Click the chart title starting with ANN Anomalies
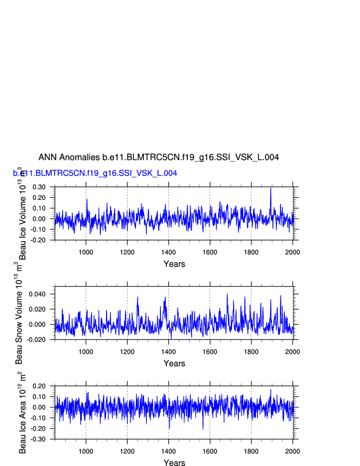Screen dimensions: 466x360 158,157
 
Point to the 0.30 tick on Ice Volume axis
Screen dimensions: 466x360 39,187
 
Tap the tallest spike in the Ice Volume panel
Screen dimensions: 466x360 271,188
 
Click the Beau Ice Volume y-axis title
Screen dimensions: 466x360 22,214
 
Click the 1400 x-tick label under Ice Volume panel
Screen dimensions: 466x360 168,252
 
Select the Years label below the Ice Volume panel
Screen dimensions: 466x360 174,264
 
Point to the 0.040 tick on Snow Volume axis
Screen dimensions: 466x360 37,294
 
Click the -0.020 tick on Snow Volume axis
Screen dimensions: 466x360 36,340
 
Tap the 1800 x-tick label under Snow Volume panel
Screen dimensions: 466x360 251,352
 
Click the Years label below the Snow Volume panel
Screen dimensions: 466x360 174,364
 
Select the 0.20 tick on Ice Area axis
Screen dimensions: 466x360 39,386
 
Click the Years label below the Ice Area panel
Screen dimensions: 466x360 174,463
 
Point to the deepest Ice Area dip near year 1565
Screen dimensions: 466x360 203,429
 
